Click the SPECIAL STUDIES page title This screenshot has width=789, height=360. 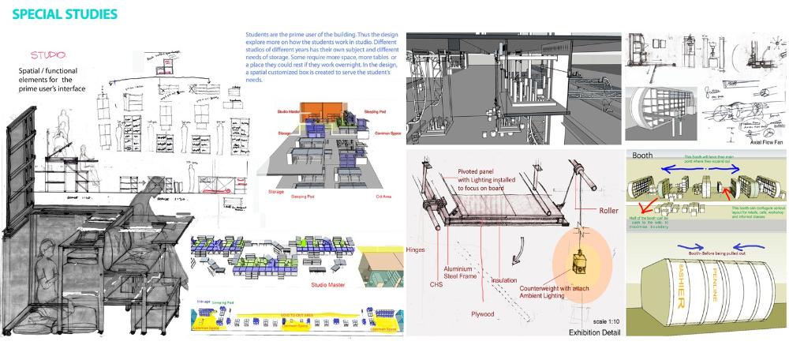[65, 14]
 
